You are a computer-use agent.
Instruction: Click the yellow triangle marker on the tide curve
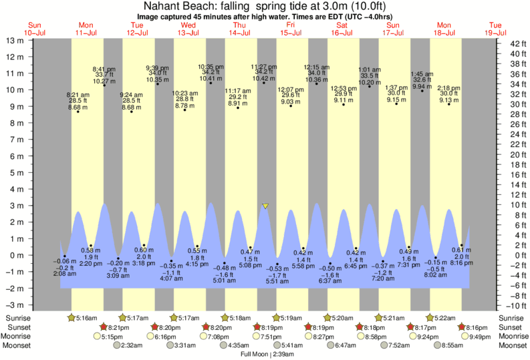[265, 206]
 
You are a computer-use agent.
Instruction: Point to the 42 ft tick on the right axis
[509, 44]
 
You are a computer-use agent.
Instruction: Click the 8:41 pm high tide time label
[104, 68]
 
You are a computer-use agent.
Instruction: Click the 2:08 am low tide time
[65, 274]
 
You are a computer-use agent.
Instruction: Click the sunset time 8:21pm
[116, 327]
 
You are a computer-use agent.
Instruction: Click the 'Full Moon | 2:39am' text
[265, 354]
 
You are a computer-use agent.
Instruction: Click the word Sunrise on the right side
[511, 317]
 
